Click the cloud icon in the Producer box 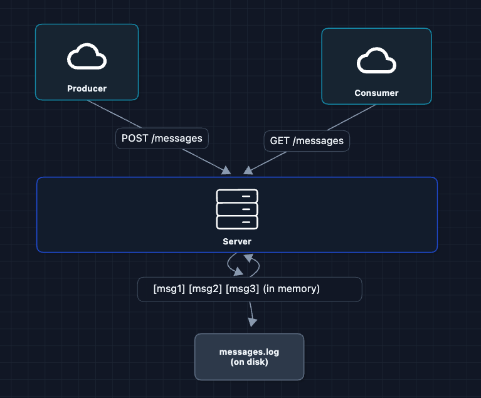(x=87, y=56)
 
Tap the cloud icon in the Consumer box (x=376, y=61)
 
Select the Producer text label (x=87, y=88)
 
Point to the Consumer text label (x=376, y=93)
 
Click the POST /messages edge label (x=162, y=138)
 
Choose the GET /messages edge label (x=307, y=141)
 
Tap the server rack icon (x=237, y=209)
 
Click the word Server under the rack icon (x=237, y=241)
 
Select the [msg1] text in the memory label (x=168, y=289)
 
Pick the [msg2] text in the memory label (x=204, y=289)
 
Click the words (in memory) (x=291, y=289)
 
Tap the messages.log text (x=249, y=352)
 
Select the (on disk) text (x=249, y=362)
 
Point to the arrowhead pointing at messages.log (x=252, y=322)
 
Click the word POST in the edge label (x=135, y=138)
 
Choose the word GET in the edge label (x=280, y=141)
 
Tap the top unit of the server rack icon (x=237, y=196)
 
